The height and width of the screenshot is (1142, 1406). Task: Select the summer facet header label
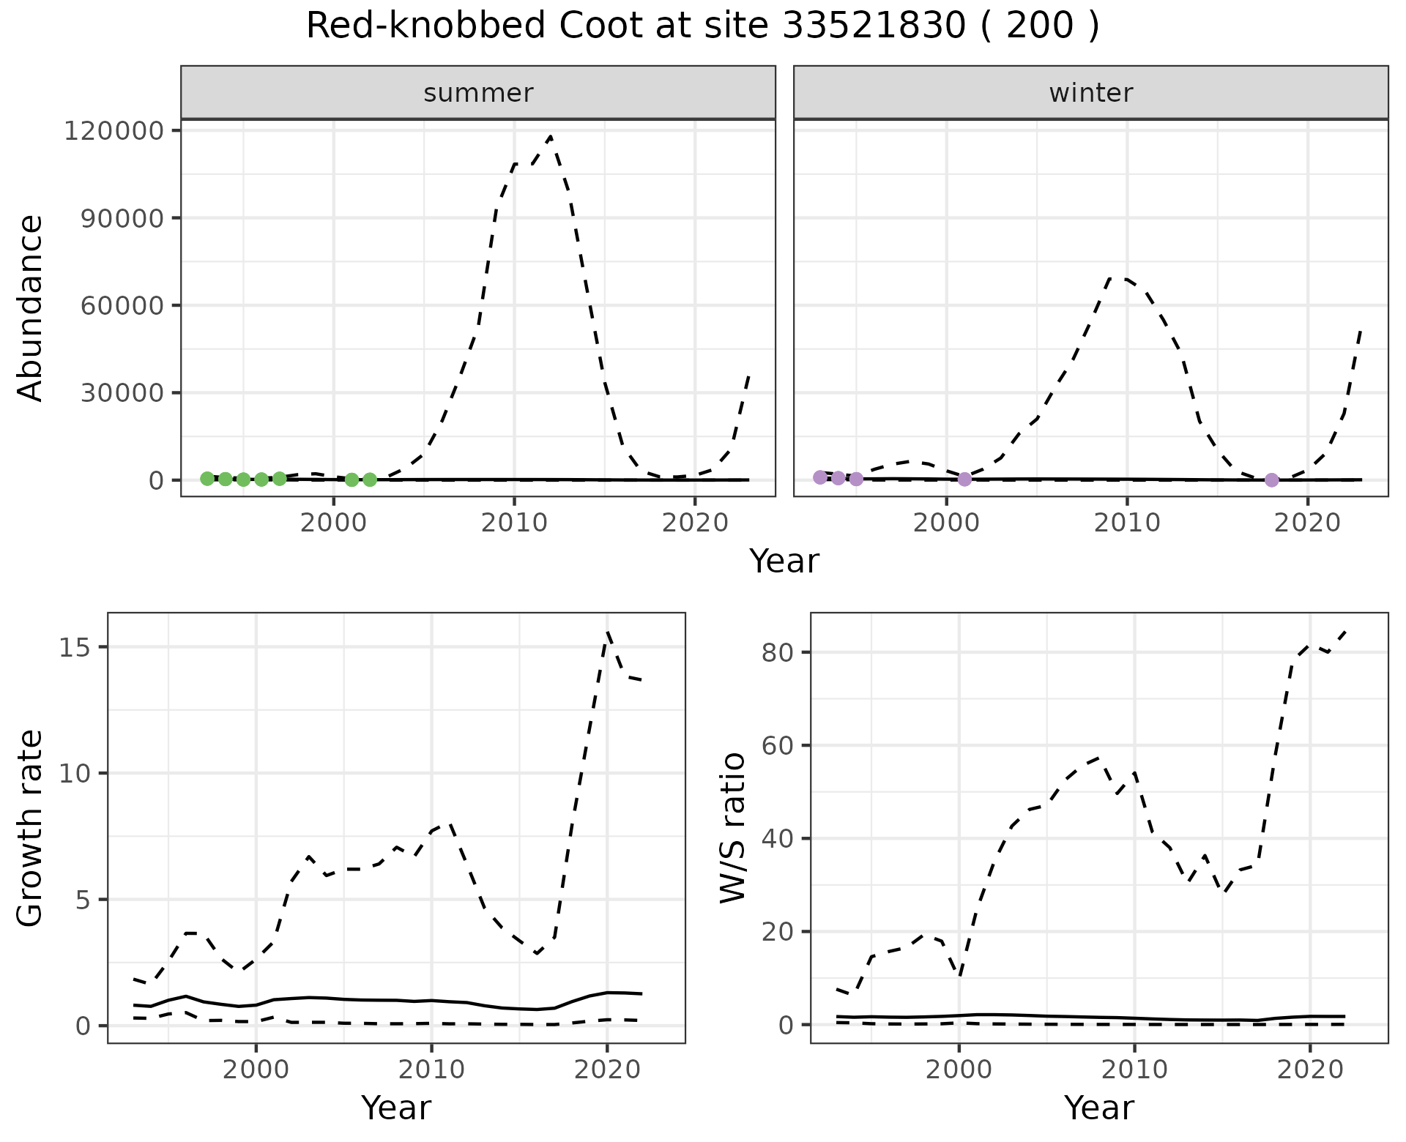pos(478,93)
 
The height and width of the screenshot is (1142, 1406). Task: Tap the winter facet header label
pos(1090,93)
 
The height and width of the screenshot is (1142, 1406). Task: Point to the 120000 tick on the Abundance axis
pos(113,131)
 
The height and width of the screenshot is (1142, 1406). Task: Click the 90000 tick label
pos(121,218)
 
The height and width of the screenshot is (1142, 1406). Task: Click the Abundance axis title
pos(31,307)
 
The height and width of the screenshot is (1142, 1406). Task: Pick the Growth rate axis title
pos(31,828)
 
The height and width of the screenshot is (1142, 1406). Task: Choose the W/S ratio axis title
pos(733,828)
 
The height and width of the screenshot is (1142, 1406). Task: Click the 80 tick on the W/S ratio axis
pos(778,652)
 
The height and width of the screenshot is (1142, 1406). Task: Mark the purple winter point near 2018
pos(1271,480)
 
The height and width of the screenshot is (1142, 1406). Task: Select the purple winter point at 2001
pos(964,479)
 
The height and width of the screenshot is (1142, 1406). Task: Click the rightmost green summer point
pos(370,479)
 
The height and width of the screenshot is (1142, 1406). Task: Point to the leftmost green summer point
pos(207,478)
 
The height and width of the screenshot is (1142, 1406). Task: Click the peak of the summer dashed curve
pos(550,136)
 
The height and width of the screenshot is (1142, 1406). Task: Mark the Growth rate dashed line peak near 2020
pos(608,632)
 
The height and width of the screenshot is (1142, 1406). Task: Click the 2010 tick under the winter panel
pos(1127,523)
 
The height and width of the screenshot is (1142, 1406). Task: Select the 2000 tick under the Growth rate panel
pos(256,1070)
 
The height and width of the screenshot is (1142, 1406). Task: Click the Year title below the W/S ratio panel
pos(1098,1108)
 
